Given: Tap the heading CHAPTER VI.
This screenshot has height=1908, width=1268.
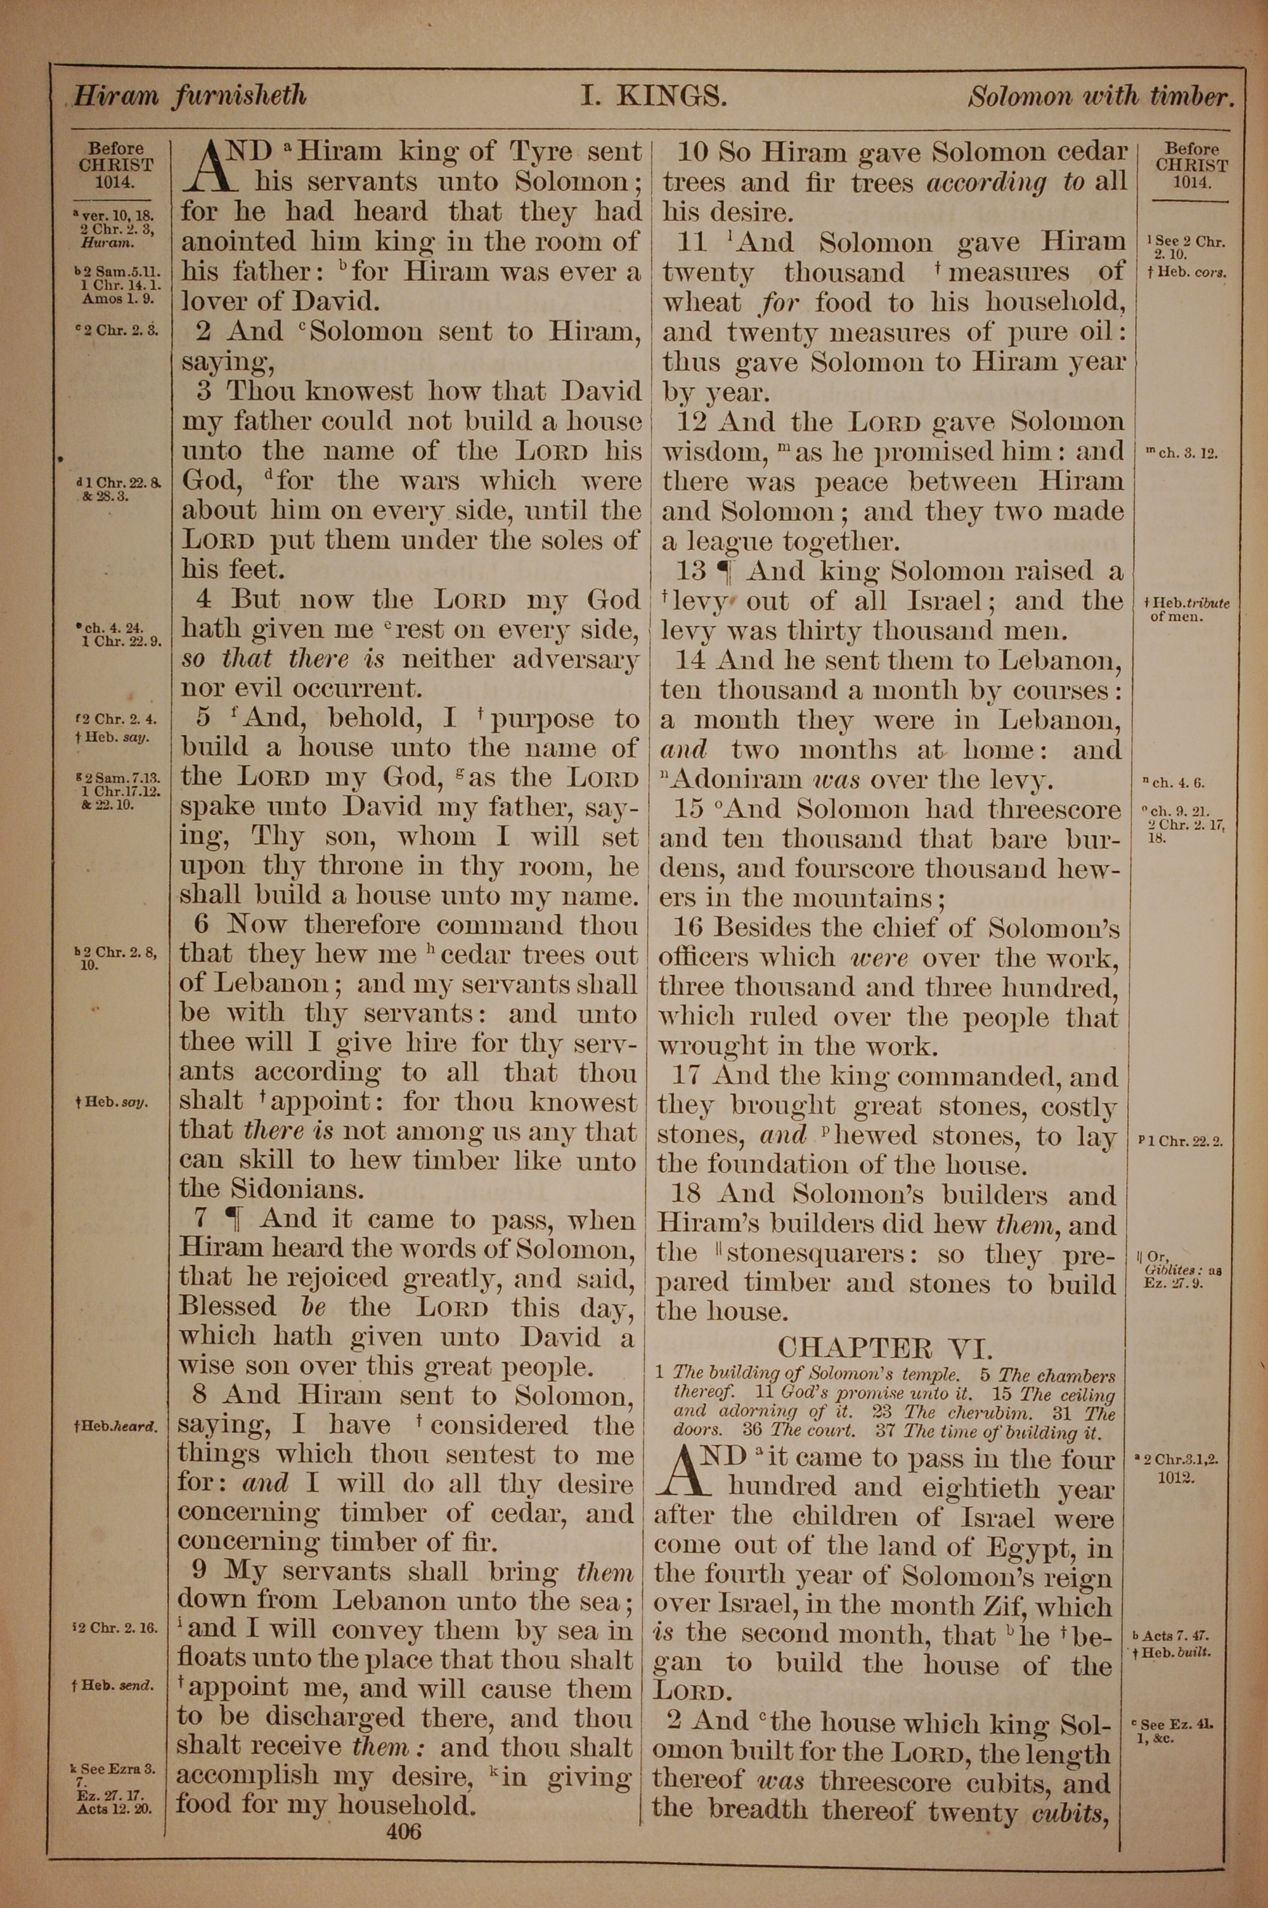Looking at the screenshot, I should (884, 1347).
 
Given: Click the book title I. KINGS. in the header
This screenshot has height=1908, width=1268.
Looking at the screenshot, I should (654, 98).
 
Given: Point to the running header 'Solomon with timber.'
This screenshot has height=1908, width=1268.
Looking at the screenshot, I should (1101, 98).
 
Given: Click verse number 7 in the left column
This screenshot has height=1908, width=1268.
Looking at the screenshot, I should (202, 1219).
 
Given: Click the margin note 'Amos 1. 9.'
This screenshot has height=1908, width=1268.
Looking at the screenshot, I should (117, 299).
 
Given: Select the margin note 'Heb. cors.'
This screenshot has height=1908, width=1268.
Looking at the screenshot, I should (1191, 273).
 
